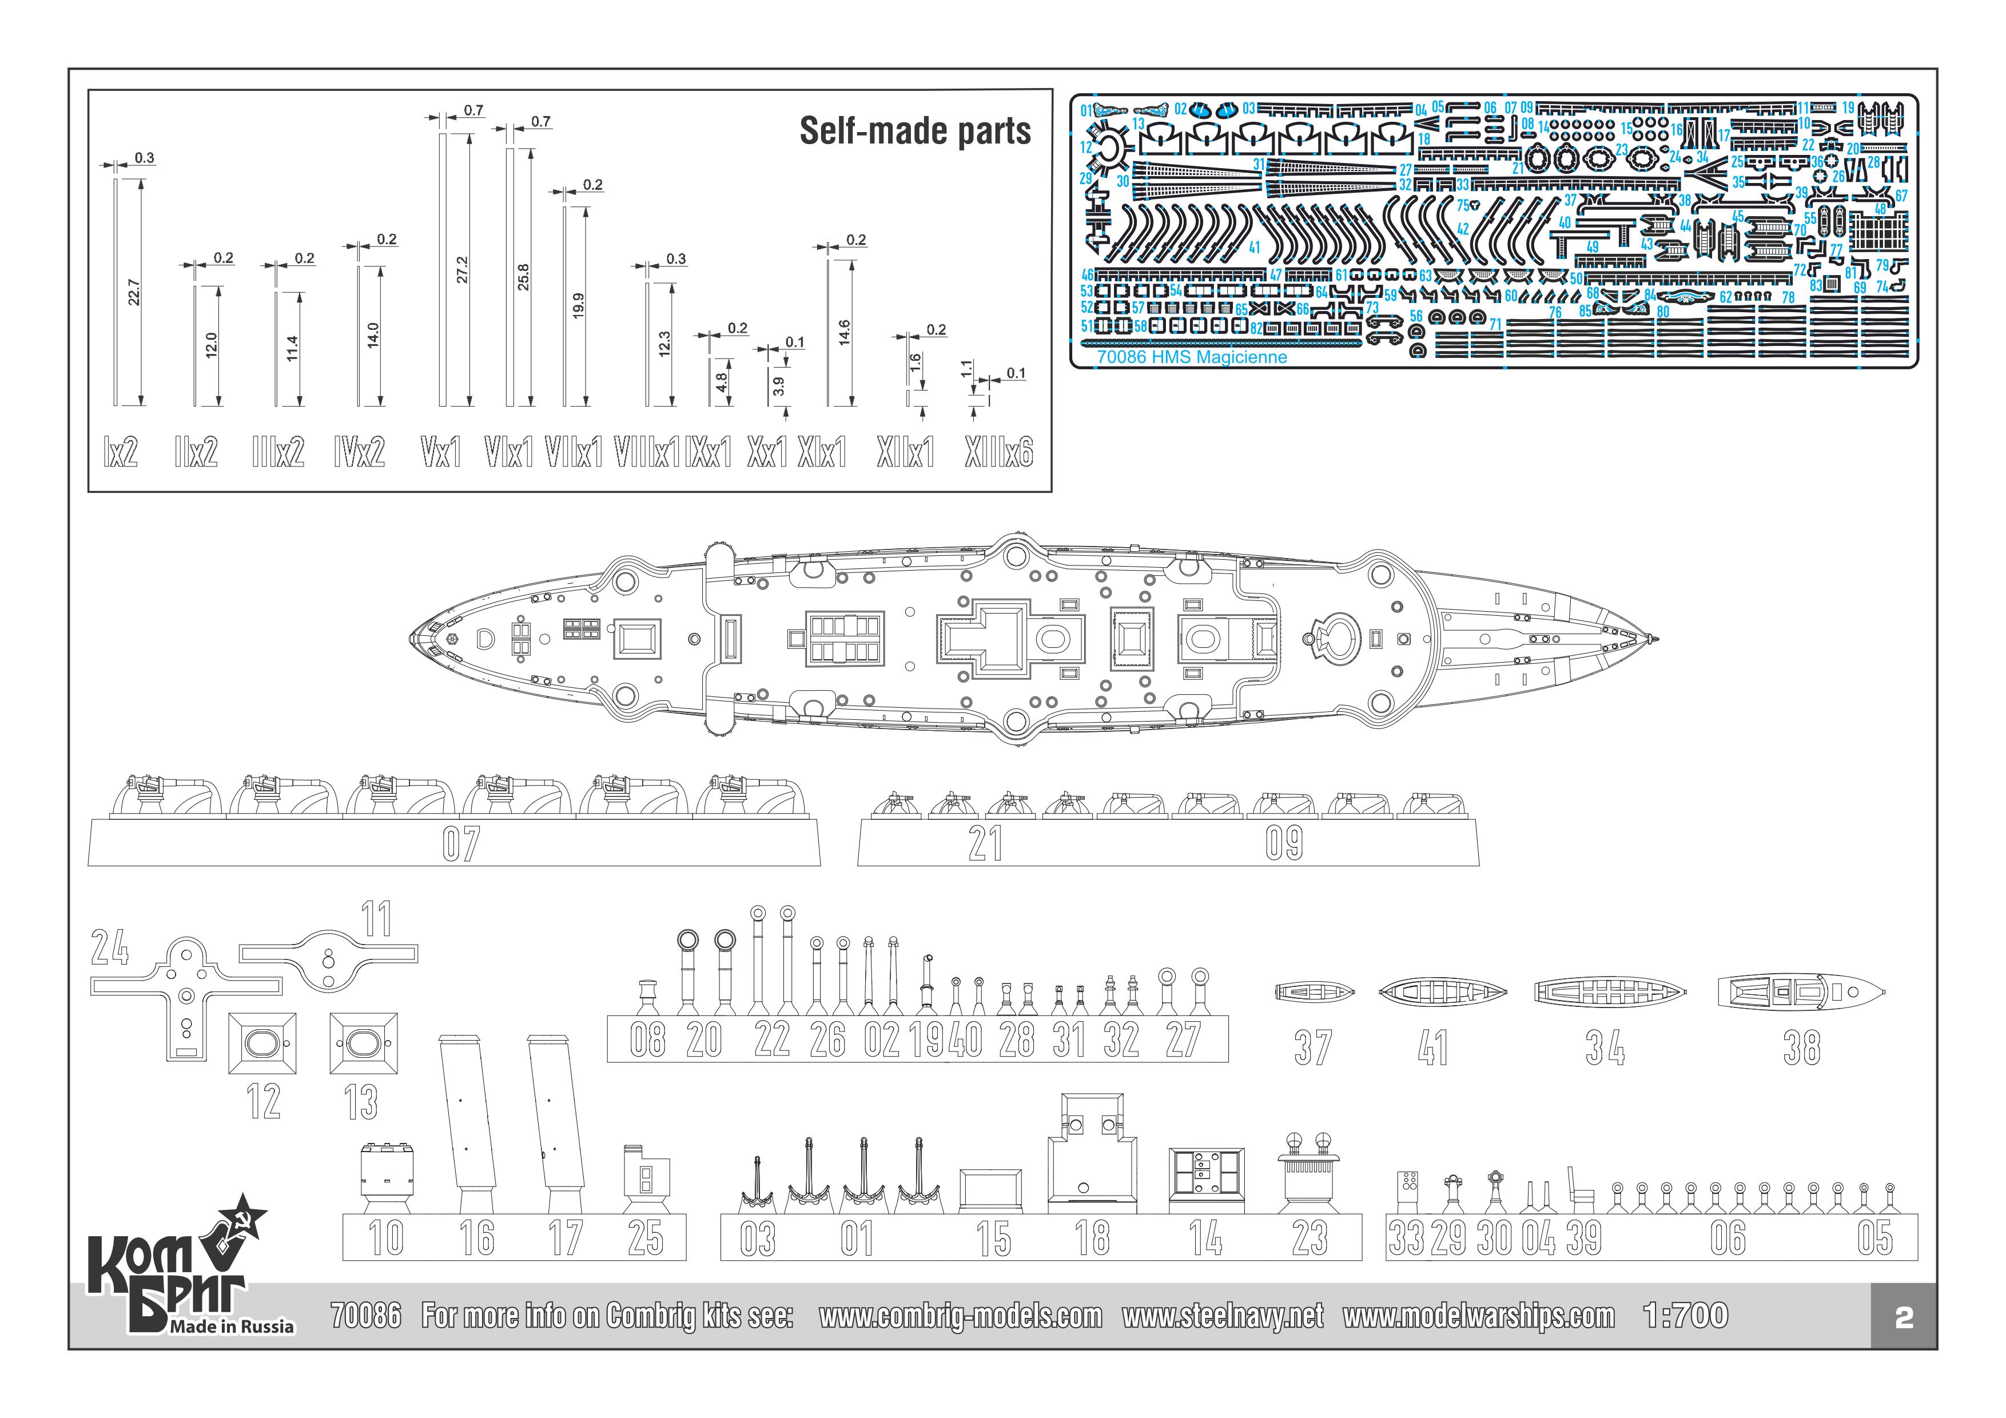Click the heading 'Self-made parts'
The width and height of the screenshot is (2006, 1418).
(x=915, y=131)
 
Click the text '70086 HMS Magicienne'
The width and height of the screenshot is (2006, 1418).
(x=1192, y=357)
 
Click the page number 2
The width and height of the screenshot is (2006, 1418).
(x=1904, y=1317)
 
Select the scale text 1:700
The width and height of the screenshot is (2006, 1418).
(x=1685, y=1316)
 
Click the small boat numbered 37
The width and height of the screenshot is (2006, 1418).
(x=1314, y=993)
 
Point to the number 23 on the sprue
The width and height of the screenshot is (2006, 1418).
(x=1309, y=1238)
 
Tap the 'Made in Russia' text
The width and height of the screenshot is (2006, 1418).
(x=232, y=1327)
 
